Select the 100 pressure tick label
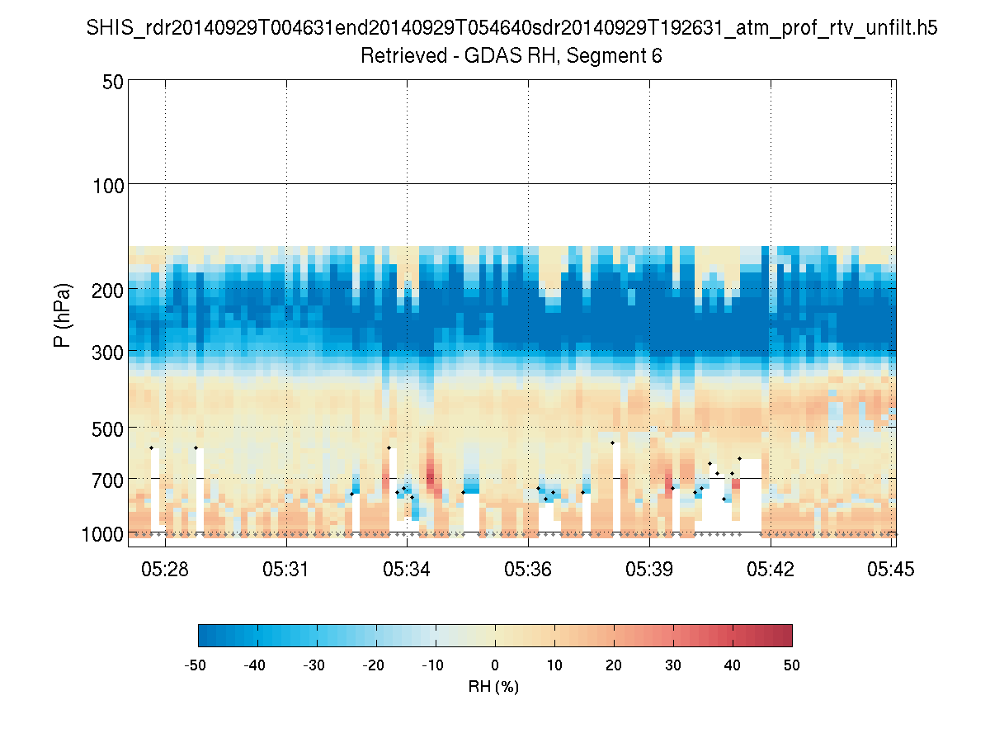coord(108,184)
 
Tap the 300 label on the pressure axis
coord(108,351)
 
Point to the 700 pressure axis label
coord(108,479)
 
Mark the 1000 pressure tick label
coord(103,534)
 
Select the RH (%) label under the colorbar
coord(494,686)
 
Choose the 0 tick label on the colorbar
coord(495,664)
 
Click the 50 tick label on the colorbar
coord(792,664)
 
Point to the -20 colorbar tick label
coord(376,664)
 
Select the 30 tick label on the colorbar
coord(673,664)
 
